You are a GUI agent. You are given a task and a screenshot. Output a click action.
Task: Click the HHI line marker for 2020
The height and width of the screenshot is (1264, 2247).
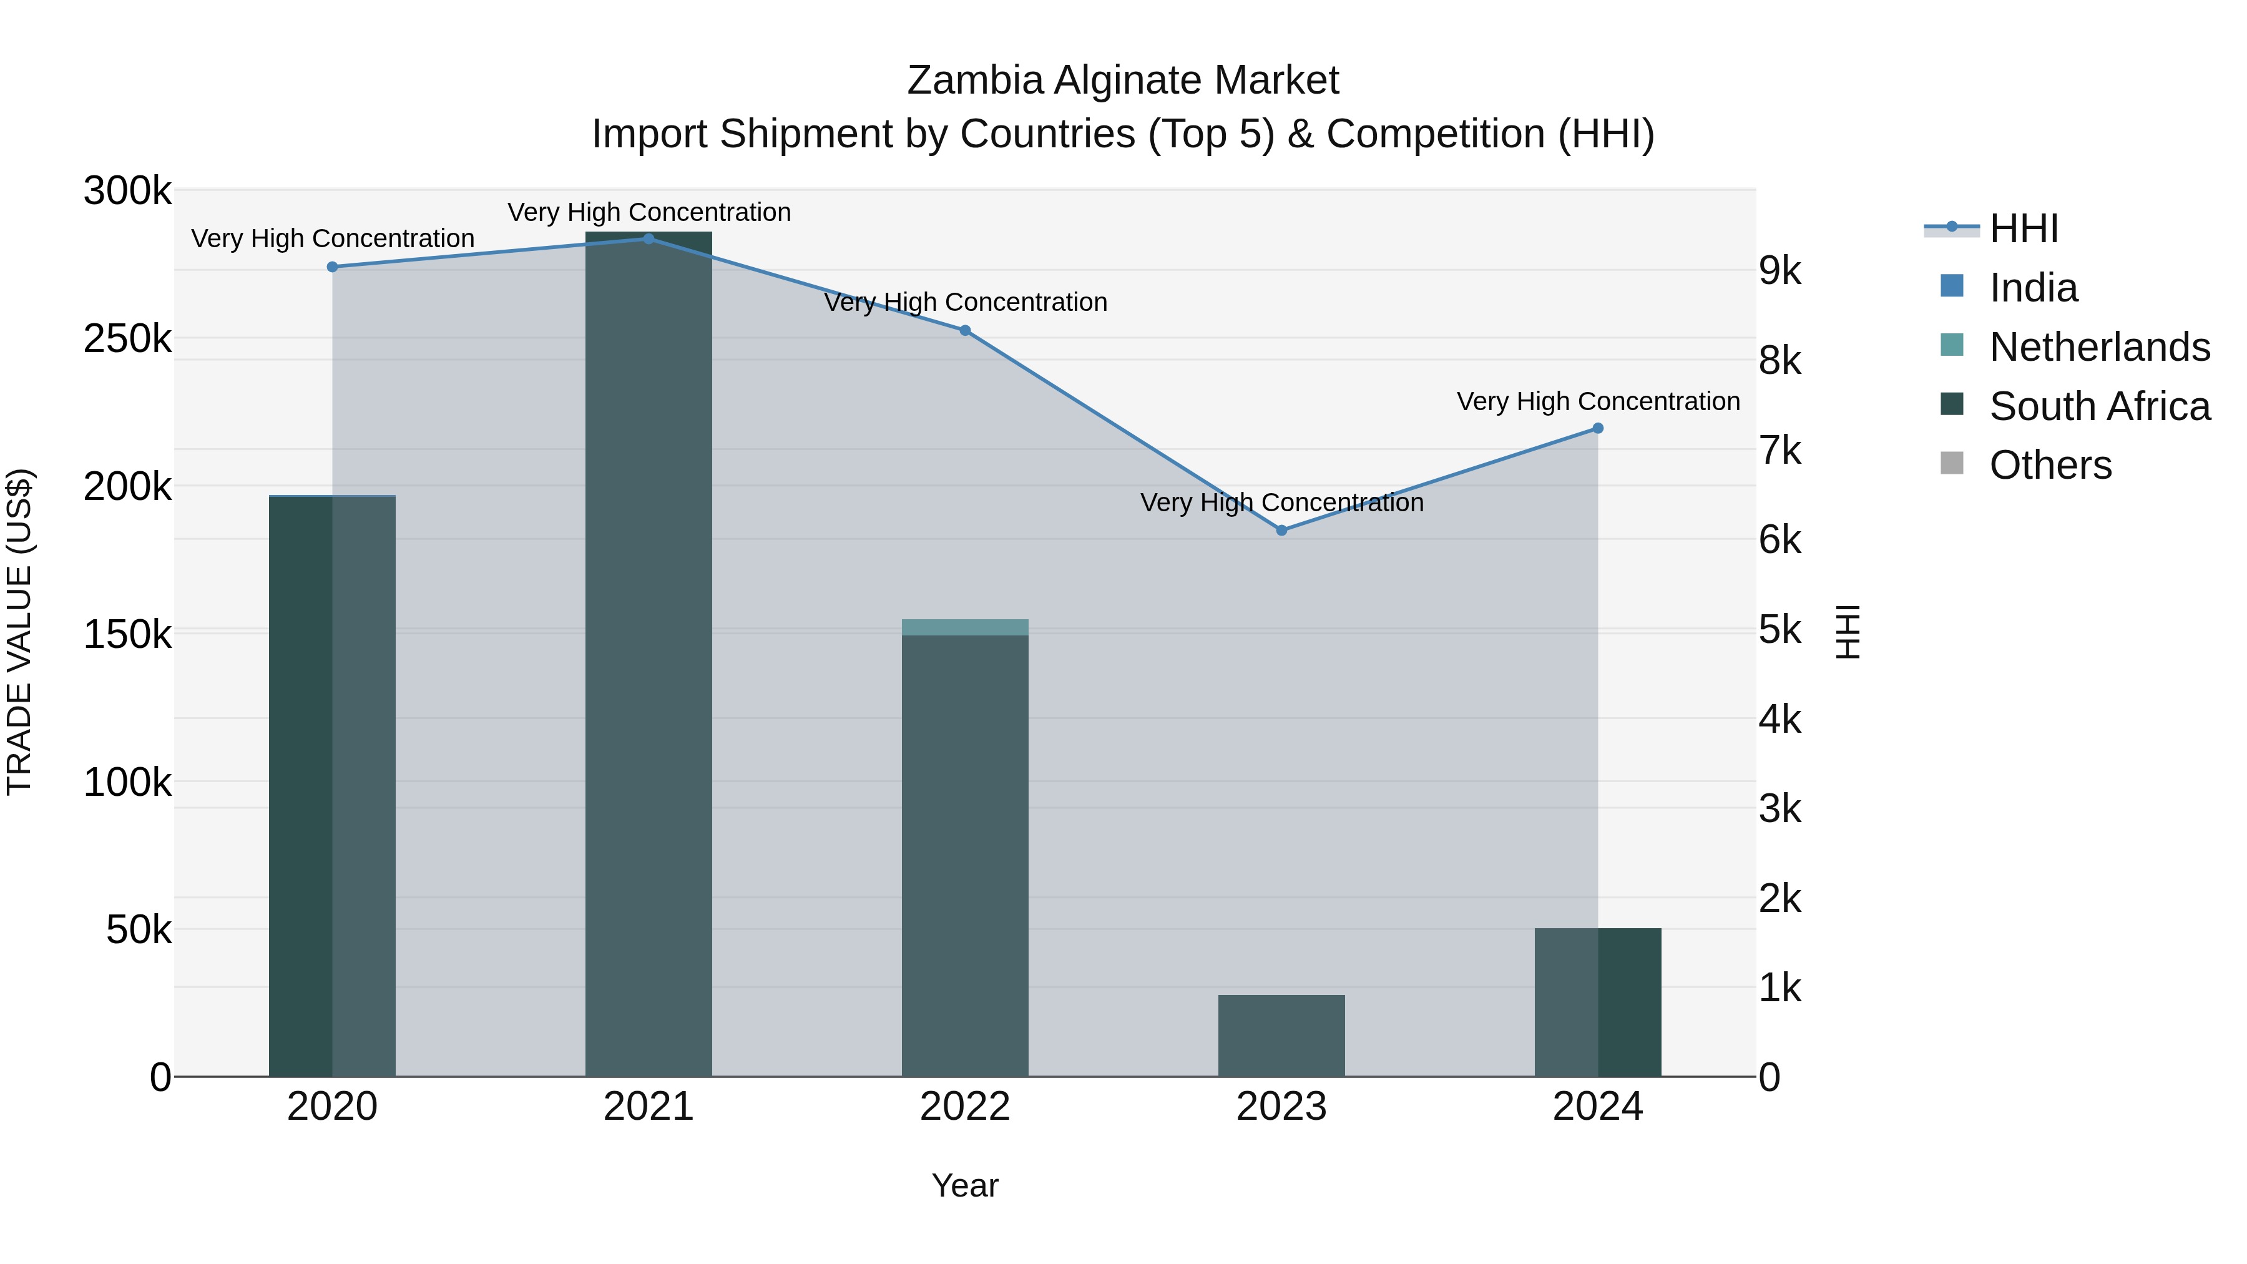tap(332, 267)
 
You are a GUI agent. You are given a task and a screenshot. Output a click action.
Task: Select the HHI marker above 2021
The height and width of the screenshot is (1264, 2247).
tap(649, 239)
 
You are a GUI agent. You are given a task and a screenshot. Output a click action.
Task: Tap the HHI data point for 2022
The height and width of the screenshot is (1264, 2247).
tap(965, 331)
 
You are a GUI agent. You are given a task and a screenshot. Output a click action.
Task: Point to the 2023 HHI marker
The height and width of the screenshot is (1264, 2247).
tap(1281, 531)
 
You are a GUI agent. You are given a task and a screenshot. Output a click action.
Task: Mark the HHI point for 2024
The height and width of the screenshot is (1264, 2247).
tap(1598, 428)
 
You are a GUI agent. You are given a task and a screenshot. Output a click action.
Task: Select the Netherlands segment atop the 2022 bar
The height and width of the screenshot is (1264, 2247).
tap(965, 627)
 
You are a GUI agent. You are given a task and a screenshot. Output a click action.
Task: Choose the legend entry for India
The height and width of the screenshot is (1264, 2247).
tap(2034, 288)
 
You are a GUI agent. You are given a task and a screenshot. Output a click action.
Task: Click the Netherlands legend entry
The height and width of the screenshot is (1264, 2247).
tap(2100, 347)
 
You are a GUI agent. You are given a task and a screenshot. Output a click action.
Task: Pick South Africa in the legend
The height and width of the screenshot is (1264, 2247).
tap(2100, 406)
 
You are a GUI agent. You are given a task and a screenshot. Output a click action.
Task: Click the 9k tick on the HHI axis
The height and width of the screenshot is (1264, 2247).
tap(1779, 272)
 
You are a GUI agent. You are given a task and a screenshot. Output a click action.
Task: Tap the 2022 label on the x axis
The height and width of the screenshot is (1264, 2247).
tap(965, 1107)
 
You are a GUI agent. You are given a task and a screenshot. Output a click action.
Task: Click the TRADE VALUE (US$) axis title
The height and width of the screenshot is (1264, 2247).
tap(19, 632)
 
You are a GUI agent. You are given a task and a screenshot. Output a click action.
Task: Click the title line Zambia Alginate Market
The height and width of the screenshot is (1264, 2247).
tap(1123, 81)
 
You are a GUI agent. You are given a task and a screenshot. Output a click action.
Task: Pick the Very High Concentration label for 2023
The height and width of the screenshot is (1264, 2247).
tap(1281, 503)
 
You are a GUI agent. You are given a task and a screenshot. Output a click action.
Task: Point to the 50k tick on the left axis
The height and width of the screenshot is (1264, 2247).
tap(139, 931)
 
